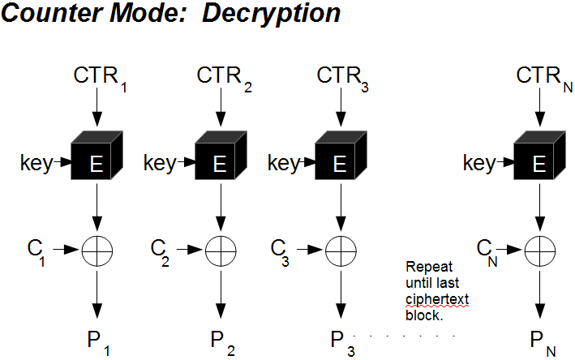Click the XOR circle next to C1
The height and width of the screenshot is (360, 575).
(97, 251)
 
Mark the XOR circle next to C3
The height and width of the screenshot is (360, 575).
(341, 251)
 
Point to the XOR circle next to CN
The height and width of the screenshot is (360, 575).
(539, 251)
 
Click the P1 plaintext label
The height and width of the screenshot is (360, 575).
(98, 341)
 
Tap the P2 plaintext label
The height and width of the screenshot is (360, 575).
(221, 341)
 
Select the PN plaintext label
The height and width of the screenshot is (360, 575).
(541, 341)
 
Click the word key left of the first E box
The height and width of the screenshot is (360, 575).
(35, 164)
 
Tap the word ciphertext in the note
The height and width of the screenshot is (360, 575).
(437, 300)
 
